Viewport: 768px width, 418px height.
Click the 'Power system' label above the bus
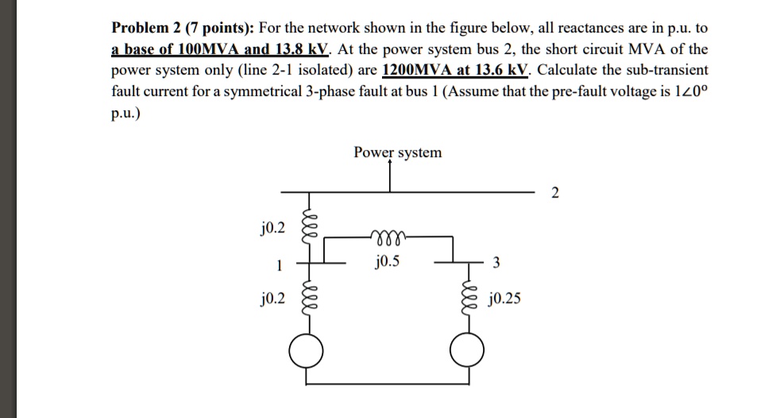[398, 152]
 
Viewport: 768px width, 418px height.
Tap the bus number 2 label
[554, 193]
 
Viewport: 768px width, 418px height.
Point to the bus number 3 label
[497, 264]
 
